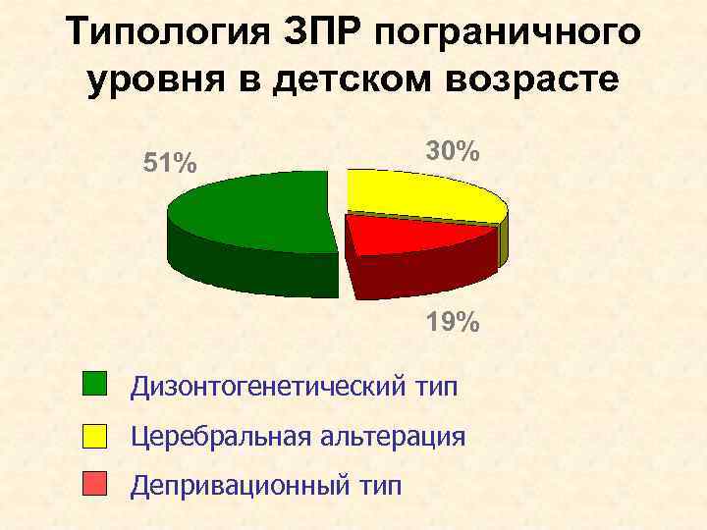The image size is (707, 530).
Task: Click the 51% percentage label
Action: [x=169, y=163]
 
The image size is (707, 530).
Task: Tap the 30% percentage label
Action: [x=453, y=151]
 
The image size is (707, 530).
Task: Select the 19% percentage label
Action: [x=453, y=321]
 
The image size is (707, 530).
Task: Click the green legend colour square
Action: [x=94, y=384]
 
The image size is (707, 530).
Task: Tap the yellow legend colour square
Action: [x=94, y=435]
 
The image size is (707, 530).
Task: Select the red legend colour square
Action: [x=94, y=485]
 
